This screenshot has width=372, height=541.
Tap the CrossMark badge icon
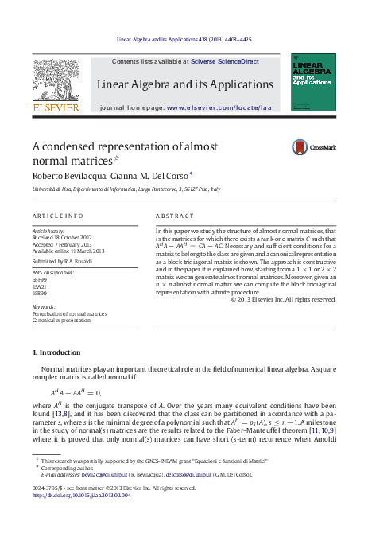tap(300, 146)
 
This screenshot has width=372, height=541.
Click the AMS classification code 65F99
tap(40, 280)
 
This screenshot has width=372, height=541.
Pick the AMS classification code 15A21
tap(40, 287)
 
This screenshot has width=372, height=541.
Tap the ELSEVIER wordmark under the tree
tap(56, 107)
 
